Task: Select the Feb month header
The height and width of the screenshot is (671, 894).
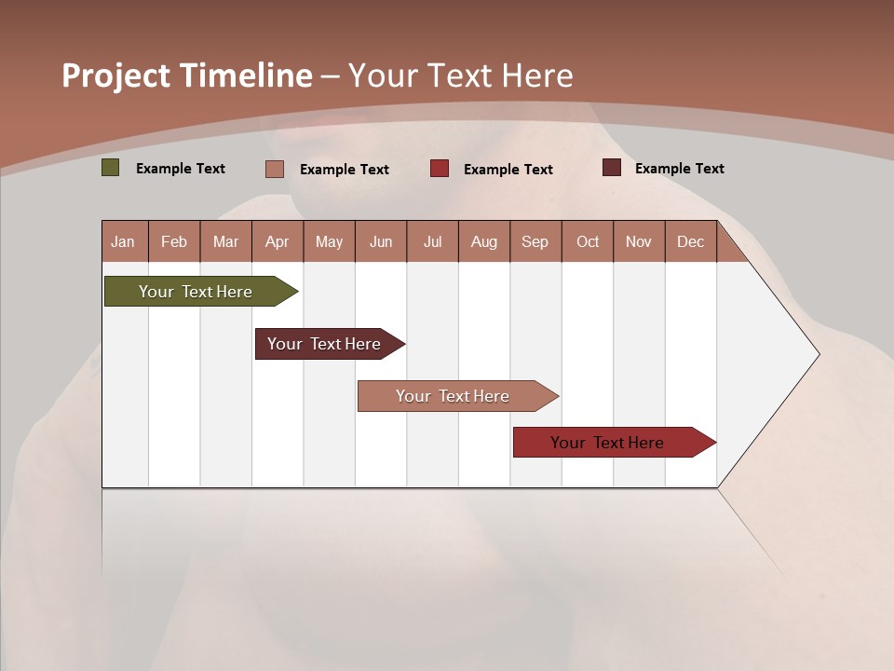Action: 174,241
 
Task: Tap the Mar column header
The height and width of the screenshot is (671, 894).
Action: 225,241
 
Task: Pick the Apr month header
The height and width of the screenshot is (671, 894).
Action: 278,241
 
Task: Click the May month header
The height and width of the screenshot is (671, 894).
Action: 329,241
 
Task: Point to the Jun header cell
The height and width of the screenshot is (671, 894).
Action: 381,241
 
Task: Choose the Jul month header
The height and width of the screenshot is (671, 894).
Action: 432,241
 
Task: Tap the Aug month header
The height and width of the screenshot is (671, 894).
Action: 484,241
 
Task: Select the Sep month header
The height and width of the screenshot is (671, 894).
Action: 535,241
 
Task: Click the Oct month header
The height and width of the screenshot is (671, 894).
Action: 588,241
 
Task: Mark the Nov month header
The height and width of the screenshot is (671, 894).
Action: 639,241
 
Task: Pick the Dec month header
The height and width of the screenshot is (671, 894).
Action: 691,241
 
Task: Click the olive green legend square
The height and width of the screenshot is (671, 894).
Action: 111,168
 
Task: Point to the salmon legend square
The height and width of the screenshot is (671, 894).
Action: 275,169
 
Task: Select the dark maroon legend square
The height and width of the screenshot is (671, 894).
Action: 612,168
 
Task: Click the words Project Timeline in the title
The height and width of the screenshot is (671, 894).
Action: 187,75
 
